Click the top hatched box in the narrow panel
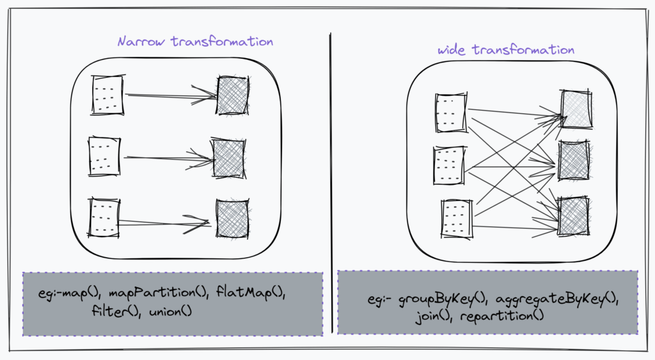[233, 95]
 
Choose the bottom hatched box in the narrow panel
[232, 219]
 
